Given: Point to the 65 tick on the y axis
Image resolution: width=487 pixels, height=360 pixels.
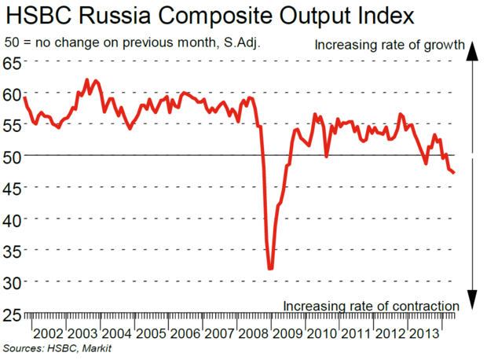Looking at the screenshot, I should pyautogui.click(x=13, y=63).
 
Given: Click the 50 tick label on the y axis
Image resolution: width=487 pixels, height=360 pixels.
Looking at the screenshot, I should pyautogui.click(x=13, y=156).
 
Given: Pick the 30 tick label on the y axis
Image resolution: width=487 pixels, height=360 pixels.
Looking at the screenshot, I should pyautogui.click(x=13, y=281).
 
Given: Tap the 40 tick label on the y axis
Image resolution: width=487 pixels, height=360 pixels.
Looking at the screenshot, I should pyautogui.click(x=13, y=219).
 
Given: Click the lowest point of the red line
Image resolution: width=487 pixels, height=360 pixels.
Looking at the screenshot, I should pyautogui.click(x=271, y=269).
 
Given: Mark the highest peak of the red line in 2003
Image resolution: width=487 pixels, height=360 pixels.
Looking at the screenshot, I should pyautogui.click(x=86, y=80).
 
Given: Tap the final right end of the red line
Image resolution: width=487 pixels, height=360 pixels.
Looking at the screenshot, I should pyautogui.click(x=454, y=173).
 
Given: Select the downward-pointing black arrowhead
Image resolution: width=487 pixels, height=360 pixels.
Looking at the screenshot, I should pyautogui.click(x=473, y=299).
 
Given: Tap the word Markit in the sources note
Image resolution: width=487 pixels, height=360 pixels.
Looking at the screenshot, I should pyautogui.click(x=95, y=348).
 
